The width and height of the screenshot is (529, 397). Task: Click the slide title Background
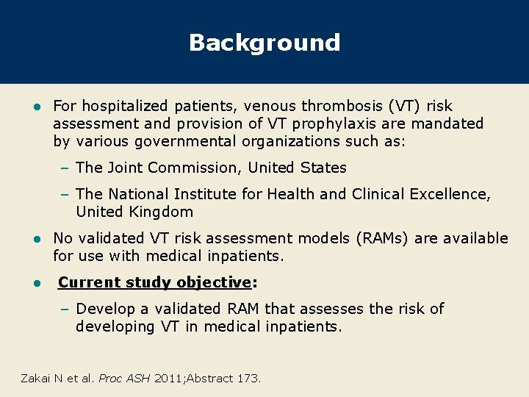(x=264, y=43)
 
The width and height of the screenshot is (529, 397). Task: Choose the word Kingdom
(x=162, y=212)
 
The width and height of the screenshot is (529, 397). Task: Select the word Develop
(x=104, y=309)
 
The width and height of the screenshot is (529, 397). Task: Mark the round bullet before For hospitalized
(x=34, y=107)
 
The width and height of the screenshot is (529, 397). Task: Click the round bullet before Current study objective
(x=34, y=283)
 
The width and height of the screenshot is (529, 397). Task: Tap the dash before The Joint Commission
(x=65, y=168)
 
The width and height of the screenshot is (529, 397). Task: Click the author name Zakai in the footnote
(x=37, y=379)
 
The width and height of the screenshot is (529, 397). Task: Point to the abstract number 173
(x=248, y=379)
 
